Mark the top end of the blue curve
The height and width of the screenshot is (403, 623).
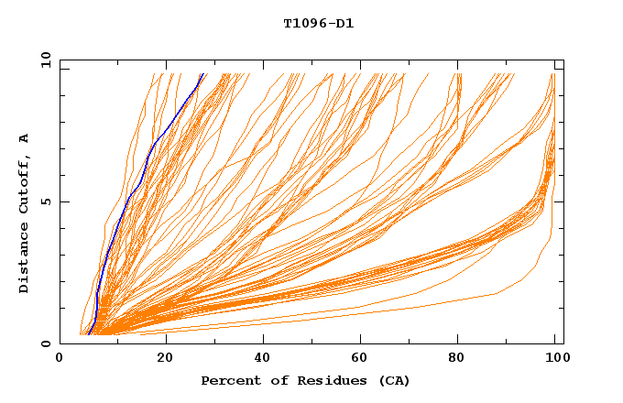[x=202, y=74]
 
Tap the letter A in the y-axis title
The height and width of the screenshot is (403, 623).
[x=24, y=137]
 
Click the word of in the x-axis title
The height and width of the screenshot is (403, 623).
[x=275, y=380]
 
